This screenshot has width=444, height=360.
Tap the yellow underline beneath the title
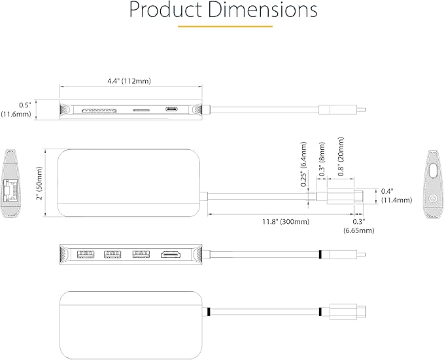(225, 27)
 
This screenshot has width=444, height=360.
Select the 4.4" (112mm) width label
(129, 81)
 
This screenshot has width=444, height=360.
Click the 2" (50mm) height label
(39, 183)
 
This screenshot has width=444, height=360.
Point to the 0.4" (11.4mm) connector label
(396, 196)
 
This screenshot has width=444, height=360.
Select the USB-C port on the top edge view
(172, 109)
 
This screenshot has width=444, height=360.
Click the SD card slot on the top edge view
(100, 111)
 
